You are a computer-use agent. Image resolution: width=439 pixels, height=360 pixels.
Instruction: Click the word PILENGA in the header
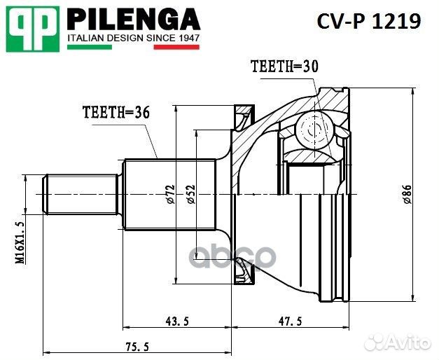click(133, 18)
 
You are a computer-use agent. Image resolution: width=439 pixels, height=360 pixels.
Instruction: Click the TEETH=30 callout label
click(284, 67)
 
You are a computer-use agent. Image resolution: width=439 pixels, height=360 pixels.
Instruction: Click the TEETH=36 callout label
click(116, 112)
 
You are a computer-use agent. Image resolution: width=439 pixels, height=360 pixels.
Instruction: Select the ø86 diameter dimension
click(407, 193)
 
